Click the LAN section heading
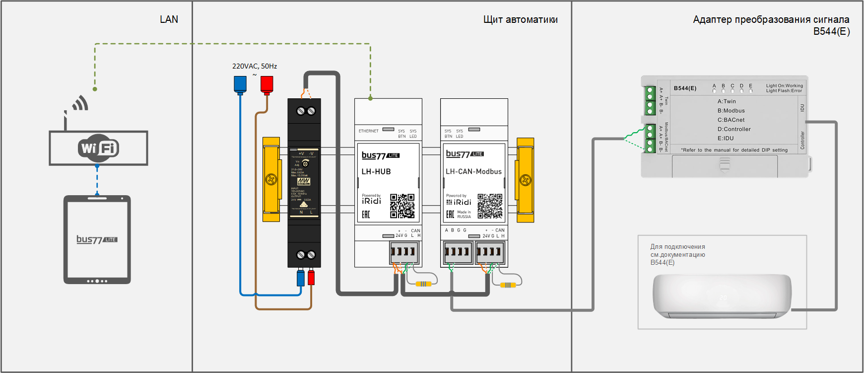pyautogui.click(x=169, y=19)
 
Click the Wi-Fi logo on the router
pyautogui.click(x=98, y=148)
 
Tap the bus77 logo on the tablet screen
pyautogui.click(x=97, y=239)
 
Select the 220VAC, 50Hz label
pyautogui.click(x=255, y=66)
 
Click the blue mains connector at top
pyautogui.click(x=240, y=84)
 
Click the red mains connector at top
pyautogui.click(x=267, y=84)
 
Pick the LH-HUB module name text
pyautogui.click(x=376, y=171)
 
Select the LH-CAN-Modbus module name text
pyautogui.click(x=473, y=171)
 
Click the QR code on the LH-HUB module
pyautogui.click(x=402, y=206)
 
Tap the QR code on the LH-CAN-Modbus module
pyautogui.click(x=490, y=206)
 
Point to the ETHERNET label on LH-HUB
pyautogui.click(x=368, y=131)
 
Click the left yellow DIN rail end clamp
pyautogui.click(x=271, y=179)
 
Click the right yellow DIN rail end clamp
pyautogui.click(x=525, y=179)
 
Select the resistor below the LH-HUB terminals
pyautogui.click(x=423, y=284)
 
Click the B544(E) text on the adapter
pyautogui.click(x=685, y=88)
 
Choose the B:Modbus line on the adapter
pyautogui.click(x=731, y=111)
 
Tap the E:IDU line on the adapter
pyautogui.click(x=726, y=139)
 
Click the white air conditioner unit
pyautogui.click(x=722, y=296)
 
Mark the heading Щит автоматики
pyautogui.click(x=520, y=19)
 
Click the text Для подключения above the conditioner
pyautogui.click(x=677, y=246)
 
